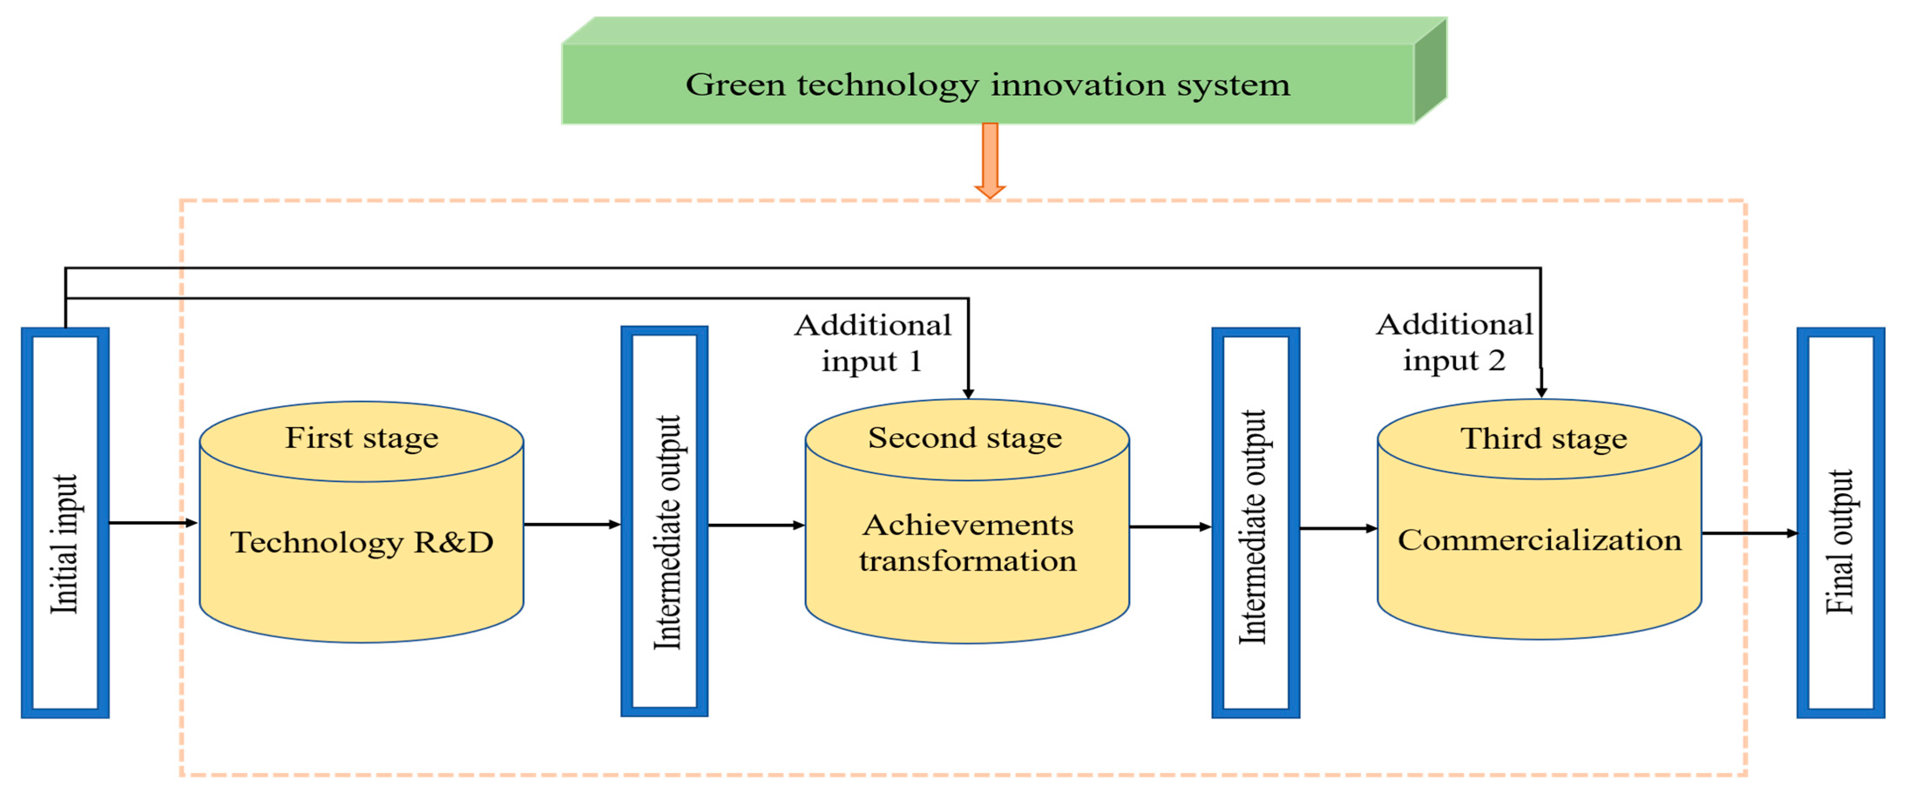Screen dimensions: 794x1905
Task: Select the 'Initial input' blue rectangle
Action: pos(65,523)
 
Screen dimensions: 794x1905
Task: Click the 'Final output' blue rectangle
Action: pos(1841,523)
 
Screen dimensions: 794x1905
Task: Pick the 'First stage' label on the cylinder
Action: pos(362,437)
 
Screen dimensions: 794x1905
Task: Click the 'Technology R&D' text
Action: pos(362,542)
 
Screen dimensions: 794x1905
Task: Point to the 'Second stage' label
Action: pos(965,437)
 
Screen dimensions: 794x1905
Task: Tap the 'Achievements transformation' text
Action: pos(967,543)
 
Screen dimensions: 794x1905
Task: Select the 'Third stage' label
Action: pos(1543,438)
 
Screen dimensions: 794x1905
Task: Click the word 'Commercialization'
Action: pos(1540,540)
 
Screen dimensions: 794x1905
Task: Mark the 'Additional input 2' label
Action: pos(1454,342)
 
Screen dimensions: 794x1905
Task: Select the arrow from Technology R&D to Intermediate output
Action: pos(572,524)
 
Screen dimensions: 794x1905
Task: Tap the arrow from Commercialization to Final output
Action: pos(1749,533)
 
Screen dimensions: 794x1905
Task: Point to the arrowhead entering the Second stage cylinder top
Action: pos(968,394)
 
